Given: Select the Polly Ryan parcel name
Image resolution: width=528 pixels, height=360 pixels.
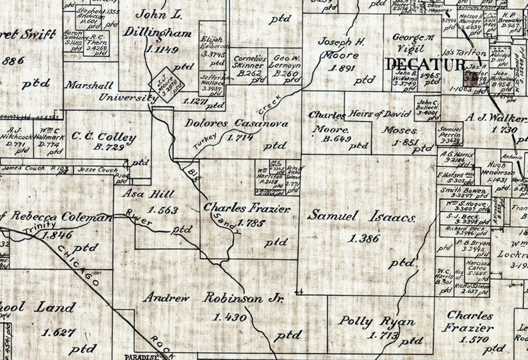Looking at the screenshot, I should pos(377,321).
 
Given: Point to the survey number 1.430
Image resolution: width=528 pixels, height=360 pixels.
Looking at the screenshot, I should pos(230,317).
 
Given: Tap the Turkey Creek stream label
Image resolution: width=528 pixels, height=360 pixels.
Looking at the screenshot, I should pos(233,123).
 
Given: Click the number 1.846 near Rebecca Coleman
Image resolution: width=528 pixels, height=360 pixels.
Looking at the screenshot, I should pos(57,235).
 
